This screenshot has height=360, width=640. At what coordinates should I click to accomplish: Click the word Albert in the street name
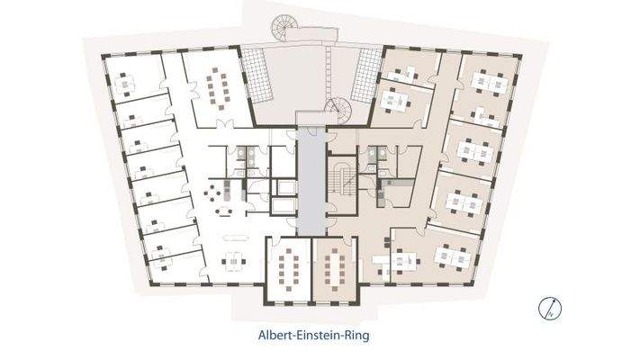click(x=274, y=336)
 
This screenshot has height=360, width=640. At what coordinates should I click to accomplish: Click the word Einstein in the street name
click(x=318, y=336)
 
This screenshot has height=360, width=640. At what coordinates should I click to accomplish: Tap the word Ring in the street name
click(x=357, y=337)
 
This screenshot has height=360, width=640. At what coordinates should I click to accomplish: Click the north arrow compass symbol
click(x=549, y=309)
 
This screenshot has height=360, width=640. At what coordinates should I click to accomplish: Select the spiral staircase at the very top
click(x=285, y=26)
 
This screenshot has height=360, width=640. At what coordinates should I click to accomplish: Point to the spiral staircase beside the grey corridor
click(x=338, y=111)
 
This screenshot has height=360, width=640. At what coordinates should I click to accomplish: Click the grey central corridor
click(x=311, y=181)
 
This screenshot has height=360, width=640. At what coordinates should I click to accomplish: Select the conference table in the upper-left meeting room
click(x=217, y=92)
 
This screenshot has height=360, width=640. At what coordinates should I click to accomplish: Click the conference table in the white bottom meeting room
click(x=289, y=269)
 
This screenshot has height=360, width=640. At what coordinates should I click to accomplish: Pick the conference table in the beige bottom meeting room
click(x=335, y=269)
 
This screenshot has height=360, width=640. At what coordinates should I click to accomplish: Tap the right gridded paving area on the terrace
click(x=367, y=76)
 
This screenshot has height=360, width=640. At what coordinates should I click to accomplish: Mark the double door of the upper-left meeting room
click(x=225, y=124)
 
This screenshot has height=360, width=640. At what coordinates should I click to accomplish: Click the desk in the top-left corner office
click(x=125, y=85)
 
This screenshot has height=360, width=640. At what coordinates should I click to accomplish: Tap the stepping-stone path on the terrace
click(x=329, y=71)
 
